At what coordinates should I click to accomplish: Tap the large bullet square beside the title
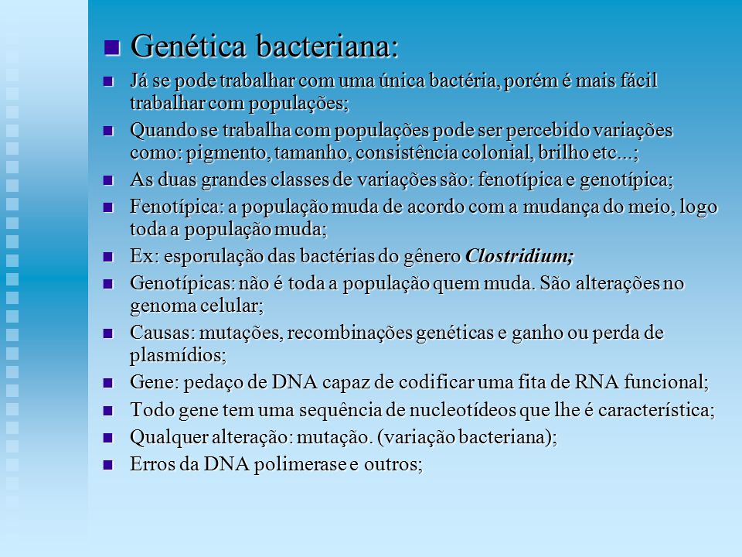[111, 47]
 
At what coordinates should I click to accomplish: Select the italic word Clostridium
[519, 256]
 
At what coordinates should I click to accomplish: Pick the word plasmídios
[178, 355]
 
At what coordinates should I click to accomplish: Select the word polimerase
[300, 464]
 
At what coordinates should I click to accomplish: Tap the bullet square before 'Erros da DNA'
[108, 464]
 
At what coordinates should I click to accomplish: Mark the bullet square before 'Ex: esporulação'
[108, 257]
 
